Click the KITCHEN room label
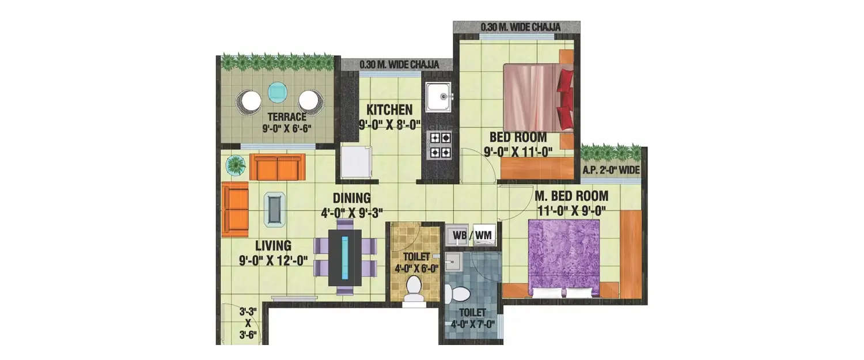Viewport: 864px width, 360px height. click(390, 109)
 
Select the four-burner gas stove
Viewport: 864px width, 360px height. click(439, 145)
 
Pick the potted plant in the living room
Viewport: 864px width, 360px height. click(235, 166)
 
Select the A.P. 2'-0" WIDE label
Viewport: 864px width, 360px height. click(611, 169)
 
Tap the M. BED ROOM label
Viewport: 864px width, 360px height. click(570, 196)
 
